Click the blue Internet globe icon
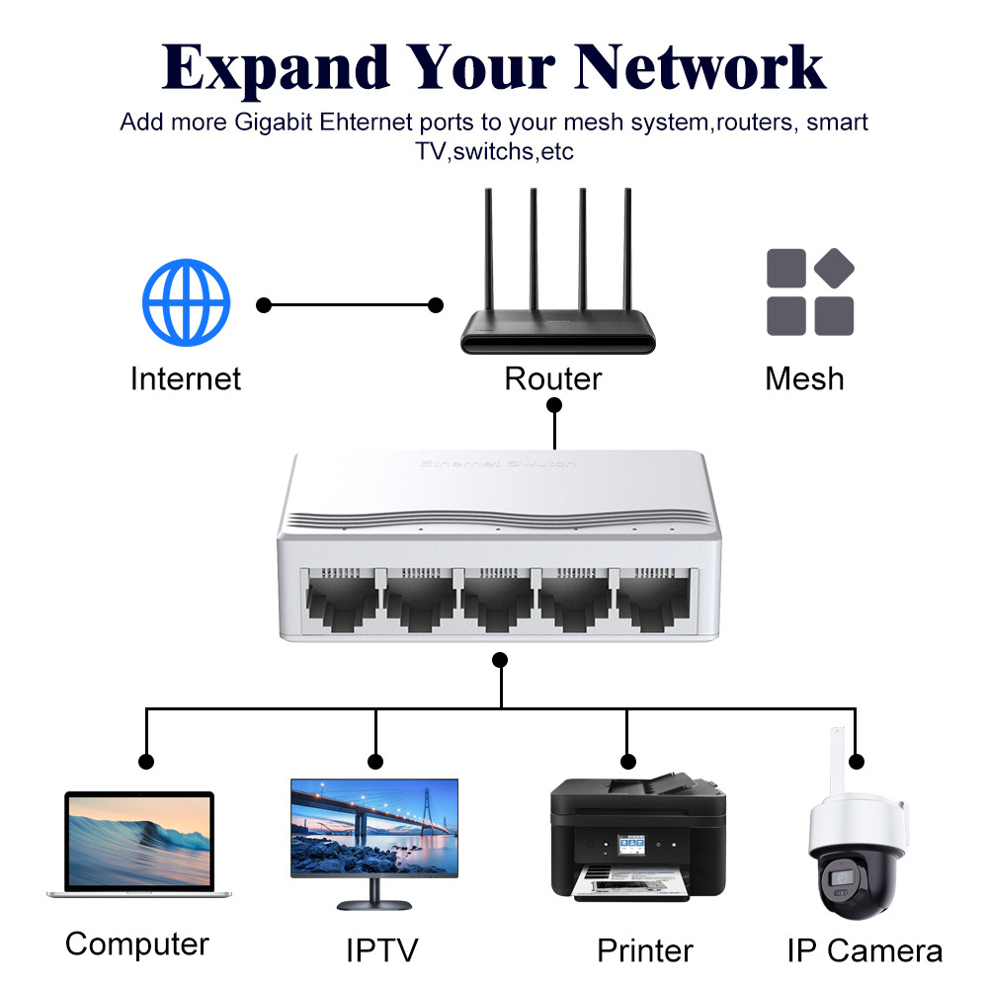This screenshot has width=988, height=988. tap(186, 303)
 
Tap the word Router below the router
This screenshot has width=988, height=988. tap(552, 378)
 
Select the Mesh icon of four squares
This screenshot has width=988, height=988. tap(810, 292)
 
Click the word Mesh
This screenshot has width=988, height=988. tap(804, 378)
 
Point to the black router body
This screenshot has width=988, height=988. tap(558, 332)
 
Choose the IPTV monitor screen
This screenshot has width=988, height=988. tap(374, 827)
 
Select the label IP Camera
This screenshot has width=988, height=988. tap(864, 950)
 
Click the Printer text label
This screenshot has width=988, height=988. tap(645, 950)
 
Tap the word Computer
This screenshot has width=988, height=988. tap(137, 945)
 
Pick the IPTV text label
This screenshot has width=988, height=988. tap(382, 950)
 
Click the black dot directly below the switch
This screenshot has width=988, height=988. tap(500, 659)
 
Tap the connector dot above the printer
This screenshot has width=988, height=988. tap(627, 761)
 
